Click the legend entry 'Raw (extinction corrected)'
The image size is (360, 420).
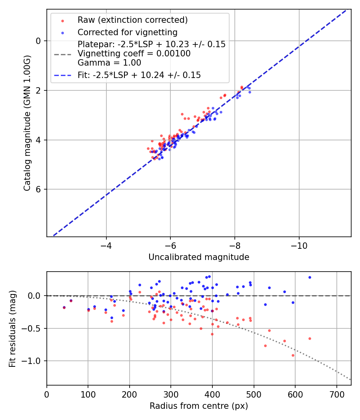(132, 20)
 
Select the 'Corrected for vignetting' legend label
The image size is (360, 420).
(127, 32)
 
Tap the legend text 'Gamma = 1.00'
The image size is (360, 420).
(109, 63)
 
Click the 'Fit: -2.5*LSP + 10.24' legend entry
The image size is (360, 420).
(139, 75)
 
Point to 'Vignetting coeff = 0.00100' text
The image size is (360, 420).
(134, 54)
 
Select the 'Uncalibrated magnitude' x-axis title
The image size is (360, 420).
(199, 257)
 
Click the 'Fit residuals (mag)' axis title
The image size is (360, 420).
(12, 328)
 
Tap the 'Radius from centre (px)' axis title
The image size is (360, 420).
(199, 406)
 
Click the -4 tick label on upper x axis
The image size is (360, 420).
(106, 245)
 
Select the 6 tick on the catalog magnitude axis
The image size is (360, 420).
(38, 189)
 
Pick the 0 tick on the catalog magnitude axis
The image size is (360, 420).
(38, 41)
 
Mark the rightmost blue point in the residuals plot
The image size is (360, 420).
(310, 277)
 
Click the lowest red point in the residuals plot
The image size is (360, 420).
(293, 355)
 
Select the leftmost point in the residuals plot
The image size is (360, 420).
(64, 307)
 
